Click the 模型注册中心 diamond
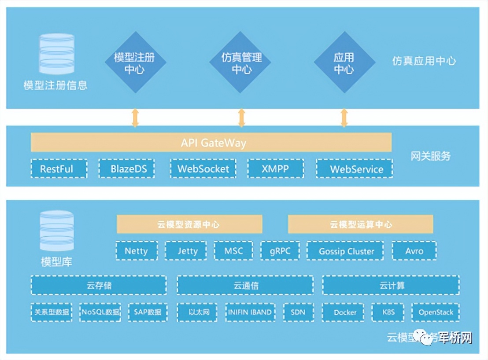pos(135,62)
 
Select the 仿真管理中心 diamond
pos(241,62)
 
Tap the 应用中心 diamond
pos(344,62)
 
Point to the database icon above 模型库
pos(56,231)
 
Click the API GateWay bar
pos(211,143)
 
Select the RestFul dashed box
pos(59,169)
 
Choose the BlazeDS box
pos(126,169)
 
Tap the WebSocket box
pos(203,169)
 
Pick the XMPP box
pos(275,169)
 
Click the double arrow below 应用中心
pos(344,118)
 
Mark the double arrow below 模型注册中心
pos(135,118)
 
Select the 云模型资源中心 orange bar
pos(189,224)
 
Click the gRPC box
pos(280,251)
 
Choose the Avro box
pos(414,251)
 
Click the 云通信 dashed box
pos(245,285)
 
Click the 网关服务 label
pos(430,156)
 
